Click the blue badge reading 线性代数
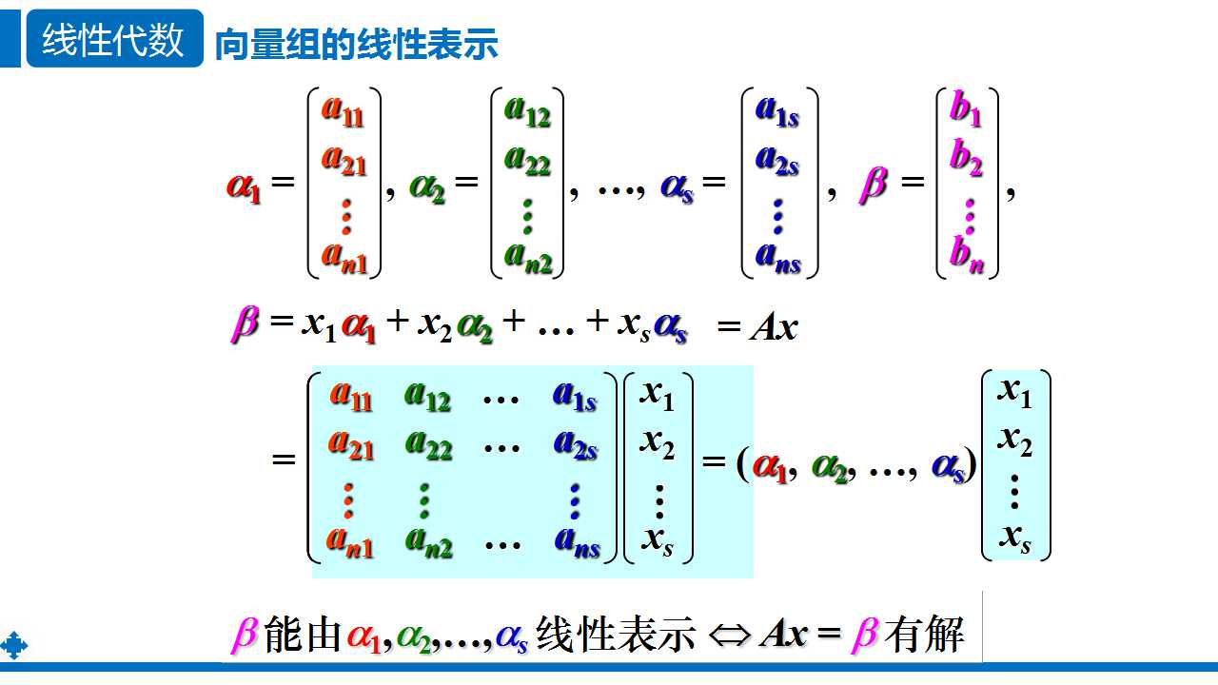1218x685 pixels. coord(113,40)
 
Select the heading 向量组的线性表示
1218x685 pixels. coord(357,45)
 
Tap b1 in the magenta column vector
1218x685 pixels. coord(966,110)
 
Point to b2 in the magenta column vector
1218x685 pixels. coord(966,161)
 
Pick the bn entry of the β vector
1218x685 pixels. coord(966,254)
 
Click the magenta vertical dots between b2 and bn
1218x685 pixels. coord(969,215)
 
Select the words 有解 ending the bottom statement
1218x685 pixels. coord(924,634)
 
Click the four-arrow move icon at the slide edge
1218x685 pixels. coord(13,646)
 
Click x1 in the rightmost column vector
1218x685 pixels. coord(1015,391)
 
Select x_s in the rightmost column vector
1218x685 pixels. coord(1015,538)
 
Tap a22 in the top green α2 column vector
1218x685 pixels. coord(527,161)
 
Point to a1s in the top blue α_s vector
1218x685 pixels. coord(777,111)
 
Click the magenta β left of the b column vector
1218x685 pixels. coord(873,184)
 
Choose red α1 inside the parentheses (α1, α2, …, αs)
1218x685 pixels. coord(770,466)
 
